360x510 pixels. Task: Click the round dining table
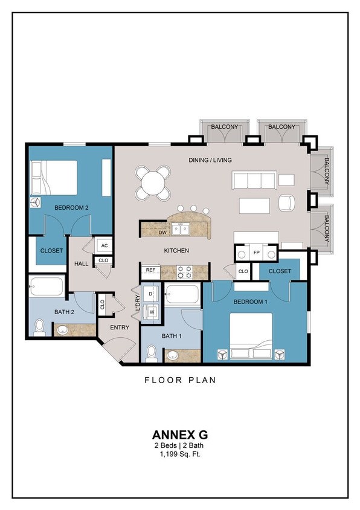[152, 180]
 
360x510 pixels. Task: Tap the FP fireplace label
[256, 252]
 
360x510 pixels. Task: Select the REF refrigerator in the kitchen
[151, 270]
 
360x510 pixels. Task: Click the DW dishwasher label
[162, 232]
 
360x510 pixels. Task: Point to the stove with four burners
[184, 272]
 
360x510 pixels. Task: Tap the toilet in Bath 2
[40, 327]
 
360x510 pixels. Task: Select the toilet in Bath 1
[151, 353]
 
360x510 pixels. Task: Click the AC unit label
[104, 245]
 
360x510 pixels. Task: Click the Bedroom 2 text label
[71, 207]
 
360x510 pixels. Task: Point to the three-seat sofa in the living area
[254, 179]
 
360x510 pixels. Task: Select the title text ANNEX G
[179, 434]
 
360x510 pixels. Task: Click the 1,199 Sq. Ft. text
[179, 454]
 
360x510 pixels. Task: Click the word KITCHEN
[176, 251]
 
